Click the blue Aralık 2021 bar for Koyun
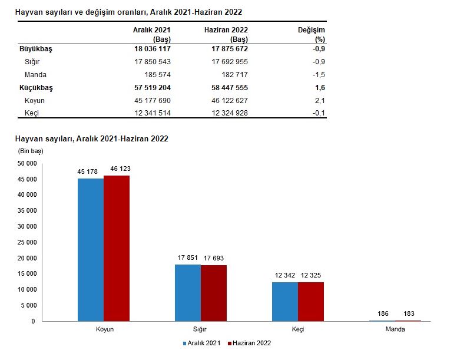coord(91,250)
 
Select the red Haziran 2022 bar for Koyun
coord(117,249)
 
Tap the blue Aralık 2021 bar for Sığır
coord(188,293)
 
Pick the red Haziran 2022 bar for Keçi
coord(311,302)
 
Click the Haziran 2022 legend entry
coord(250,343)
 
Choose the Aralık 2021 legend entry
coord(201,343)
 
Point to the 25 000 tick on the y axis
coord(27,242)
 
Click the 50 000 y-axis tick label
coord(27,163)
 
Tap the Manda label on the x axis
coord(395,329)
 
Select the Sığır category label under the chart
coord(200,329)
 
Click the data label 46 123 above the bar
coord(120,169)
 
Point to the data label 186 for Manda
coord(383,313)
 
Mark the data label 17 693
coord(214,258)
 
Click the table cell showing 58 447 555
coord(230,87)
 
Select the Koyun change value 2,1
coord(320,101)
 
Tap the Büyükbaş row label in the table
coord(36,49)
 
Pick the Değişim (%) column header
coord(312,34)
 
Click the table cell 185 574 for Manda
coord(158,75)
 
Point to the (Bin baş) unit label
coord(31,151)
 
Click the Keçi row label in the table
coord(32,113)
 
